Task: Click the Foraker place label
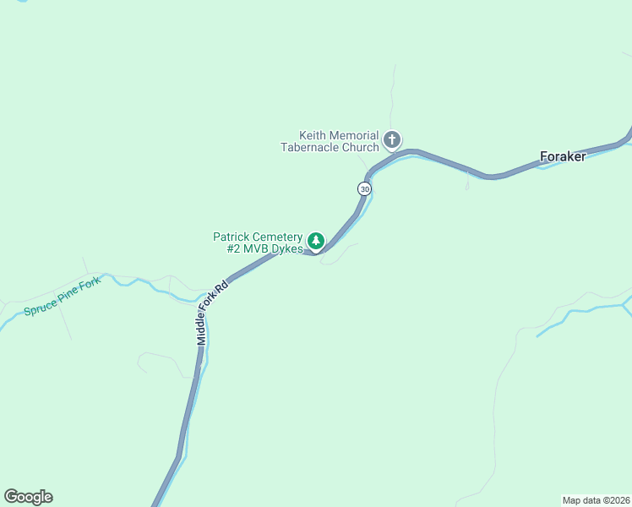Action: click(x=563, y=156)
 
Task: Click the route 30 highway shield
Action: click(x=364, y=189)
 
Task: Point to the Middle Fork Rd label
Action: click(x=212, y=312)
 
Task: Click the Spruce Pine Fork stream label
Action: click(x=62, y=297)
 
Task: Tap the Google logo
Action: click(x=28, y=497)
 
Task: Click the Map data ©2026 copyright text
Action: click(x=596, y=499)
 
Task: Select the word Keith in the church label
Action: click(x=313, y=135)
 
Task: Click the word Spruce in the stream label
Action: click(x=41, y=306)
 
